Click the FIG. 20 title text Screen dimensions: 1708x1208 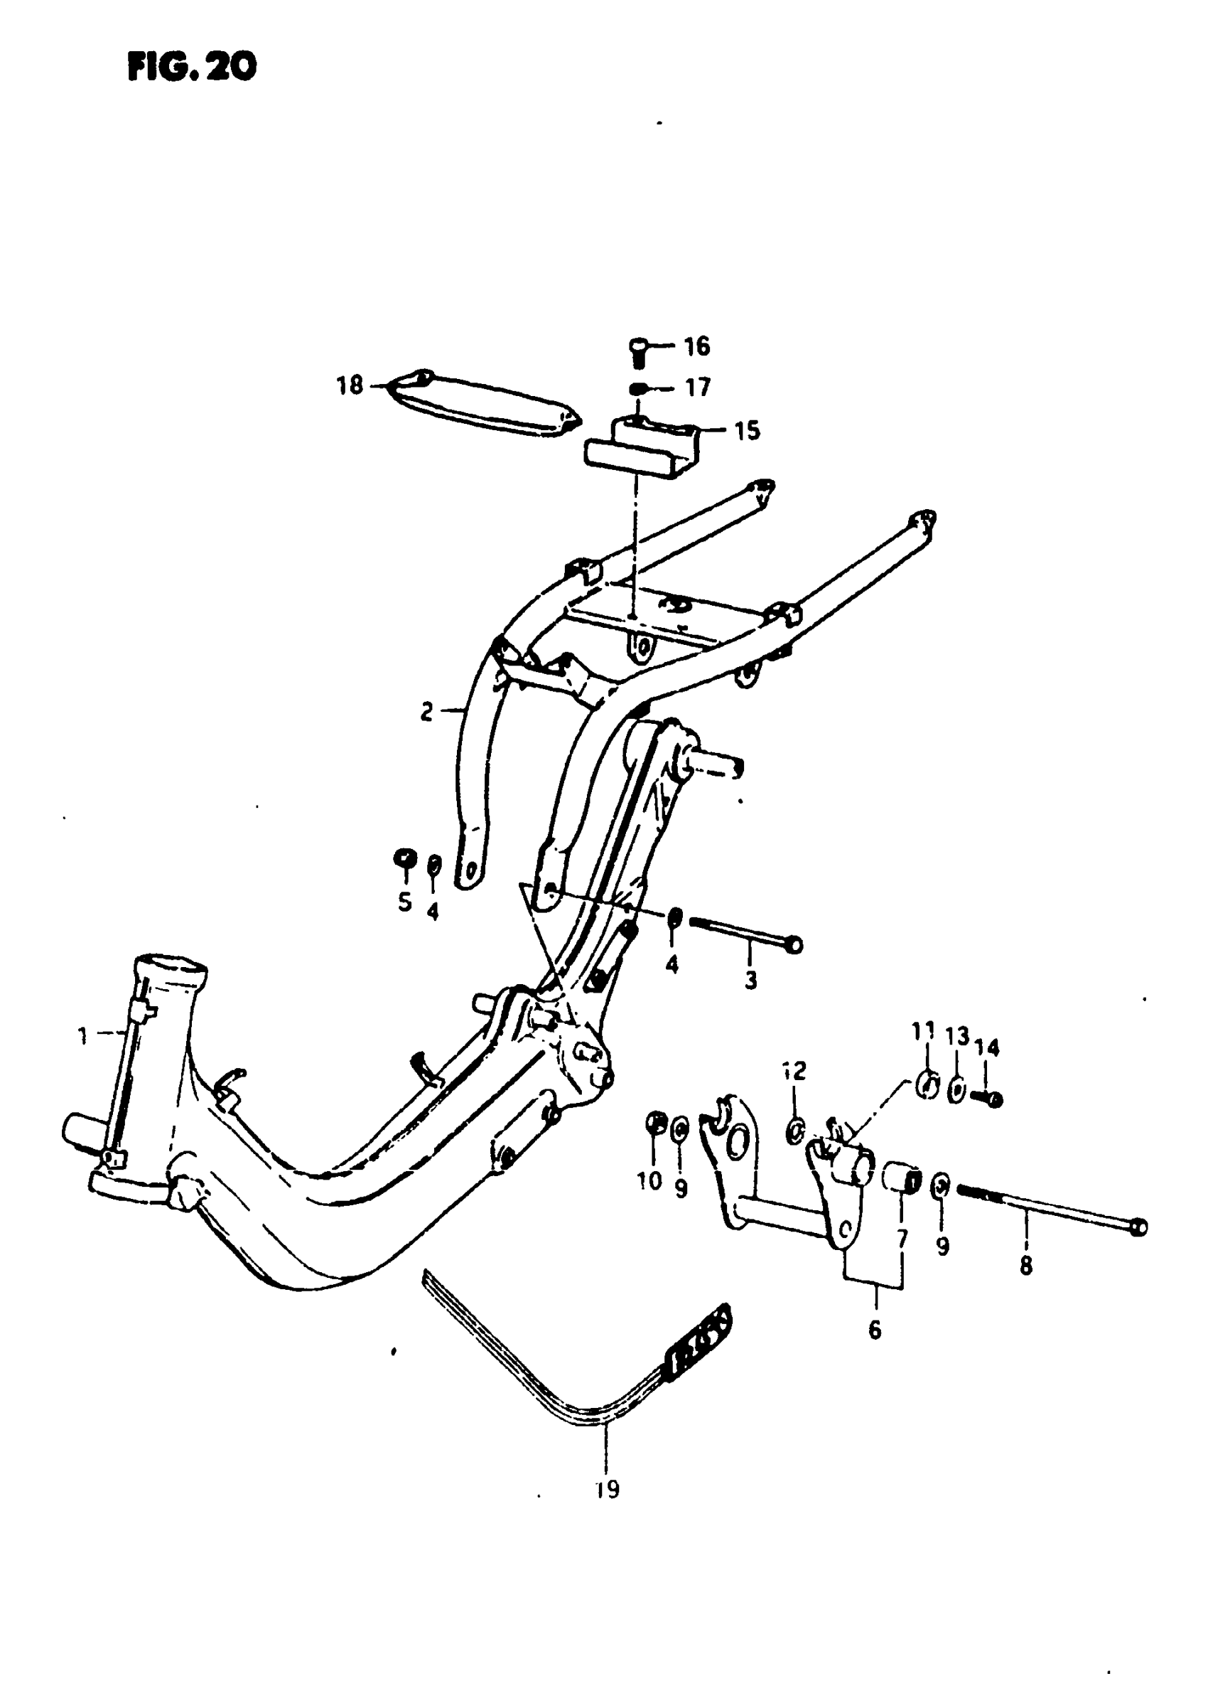tap(192, 67)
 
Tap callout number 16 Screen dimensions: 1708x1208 tap(696, 346)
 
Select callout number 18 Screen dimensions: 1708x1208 tap(350, 385)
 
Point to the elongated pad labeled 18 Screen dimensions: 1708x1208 tap(483, 406)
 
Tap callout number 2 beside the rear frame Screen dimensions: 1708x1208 tap(426, 712)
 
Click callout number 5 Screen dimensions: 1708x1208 tap(404, 902)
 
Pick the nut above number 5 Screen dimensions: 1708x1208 tap(404, 858)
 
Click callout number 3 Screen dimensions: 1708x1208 tap(750, 980)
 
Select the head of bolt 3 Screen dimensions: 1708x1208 tap(794, 946)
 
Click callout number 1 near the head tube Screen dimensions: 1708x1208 tap(83, 1035)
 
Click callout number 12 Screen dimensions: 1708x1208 tap(794, 1071)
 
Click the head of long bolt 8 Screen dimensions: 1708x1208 tap(1138, 1227)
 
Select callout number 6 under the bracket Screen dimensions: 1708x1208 tap(875, 1329)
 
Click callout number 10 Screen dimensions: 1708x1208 tap(649, 1181)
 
